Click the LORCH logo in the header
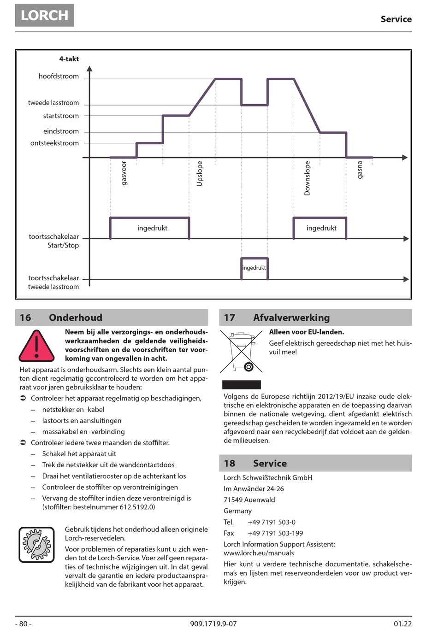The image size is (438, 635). [x=44, y=15]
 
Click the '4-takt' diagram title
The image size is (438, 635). [x=69, y=59]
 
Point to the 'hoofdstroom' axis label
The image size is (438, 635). [x=59, y=76]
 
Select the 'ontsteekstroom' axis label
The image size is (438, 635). [x=54, y=143]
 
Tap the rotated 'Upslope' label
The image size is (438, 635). [x=200, y=174]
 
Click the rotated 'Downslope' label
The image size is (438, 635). [x=308, y=178]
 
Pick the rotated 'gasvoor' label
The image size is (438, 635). [x=124, y=173]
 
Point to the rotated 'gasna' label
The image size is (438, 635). [x=360, y=170]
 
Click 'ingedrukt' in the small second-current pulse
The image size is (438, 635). [x=254, y=268]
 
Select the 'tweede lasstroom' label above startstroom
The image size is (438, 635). [x=53, y=103]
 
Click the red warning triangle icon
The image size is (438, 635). [x=37, y=347]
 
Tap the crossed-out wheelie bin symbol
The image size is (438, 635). [x=242, y=352]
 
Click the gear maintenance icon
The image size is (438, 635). [x=37, y=545]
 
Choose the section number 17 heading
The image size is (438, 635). [x=230, y=317]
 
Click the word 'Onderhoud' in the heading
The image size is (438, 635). [x=76, y=317]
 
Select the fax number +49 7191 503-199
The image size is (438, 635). [x=275, y=533]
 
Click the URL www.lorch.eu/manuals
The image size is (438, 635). [x=259, y=553]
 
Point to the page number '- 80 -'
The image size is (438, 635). [x=23, y=624]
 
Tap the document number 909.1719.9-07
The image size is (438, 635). [x=213, y=624]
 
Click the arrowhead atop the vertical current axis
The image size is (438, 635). [x=89, y=69]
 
